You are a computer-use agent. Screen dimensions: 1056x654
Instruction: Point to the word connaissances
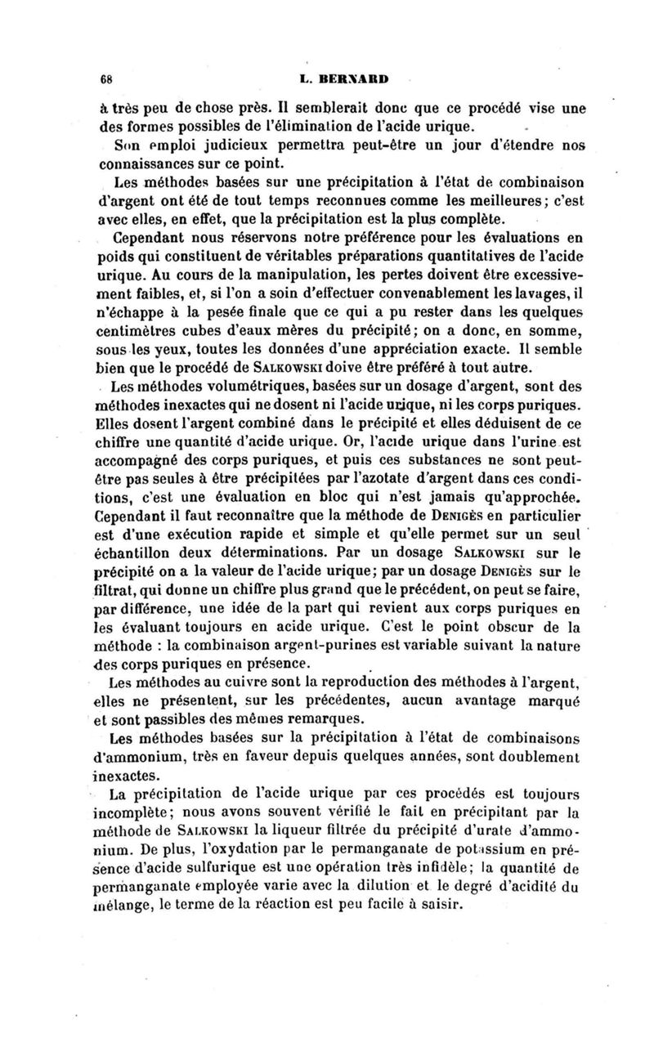point(148,167)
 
